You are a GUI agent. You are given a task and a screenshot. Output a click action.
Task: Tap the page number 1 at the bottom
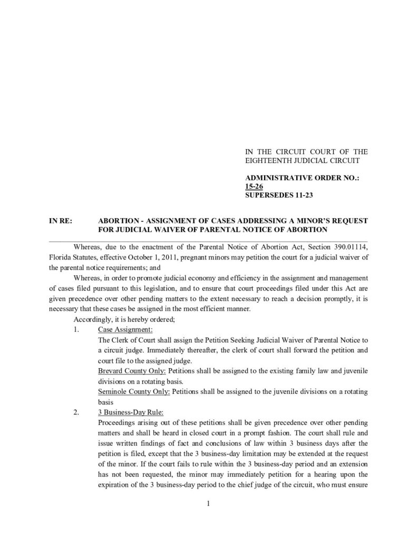(x=209, y=504)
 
